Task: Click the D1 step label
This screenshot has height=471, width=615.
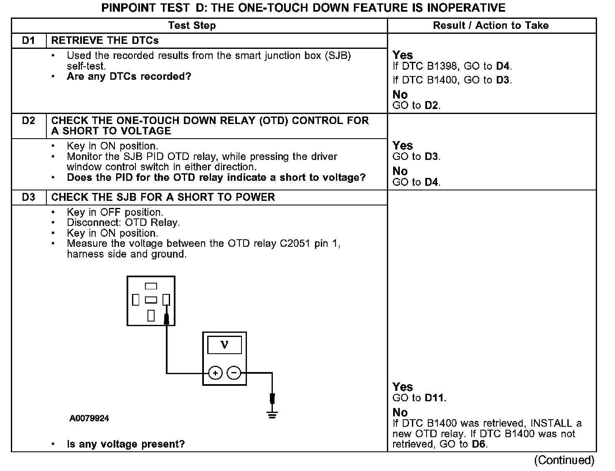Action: (x=28, y=41)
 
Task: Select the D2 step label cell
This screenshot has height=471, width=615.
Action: (x=28, y=121)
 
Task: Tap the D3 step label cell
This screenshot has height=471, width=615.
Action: (x=28, y=197)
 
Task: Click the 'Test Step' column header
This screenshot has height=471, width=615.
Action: (x=192, y=25)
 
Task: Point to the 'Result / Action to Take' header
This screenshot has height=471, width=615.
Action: (x=490, y=25)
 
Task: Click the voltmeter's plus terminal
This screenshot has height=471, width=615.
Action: (x=215, y=372)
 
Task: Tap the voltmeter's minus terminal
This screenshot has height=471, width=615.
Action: (x=234, y=372)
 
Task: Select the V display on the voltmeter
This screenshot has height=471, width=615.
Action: (x=224, y=345)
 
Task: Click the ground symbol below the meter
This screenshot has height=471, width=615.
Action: (x=272, y=415)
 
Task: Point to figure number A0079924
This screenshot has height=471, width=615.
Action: (x=89, y=418)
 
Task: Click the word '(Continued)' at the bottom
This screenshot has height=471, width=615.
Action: (x=564, y=460)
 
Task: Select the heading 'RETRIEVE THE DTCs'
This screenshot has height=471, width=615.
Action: (x=105, y=41)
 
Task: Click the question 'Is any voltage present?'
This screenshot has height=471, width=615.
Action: (x=126, y=444)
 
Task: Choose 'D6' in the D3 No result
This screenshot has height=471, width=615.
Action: (x=479, y=444)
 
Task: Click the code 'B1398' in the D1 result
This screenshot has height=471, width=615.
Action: (x=442, y=66)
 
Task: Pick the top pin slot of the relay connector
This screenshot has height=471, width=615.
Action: (x=151, y=286)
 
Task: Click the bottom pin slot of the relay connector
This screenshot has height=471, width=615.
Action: (x=151, y=315)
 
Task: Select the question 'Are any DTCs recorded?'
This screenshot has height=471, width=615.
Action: (x=129, y=76)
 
